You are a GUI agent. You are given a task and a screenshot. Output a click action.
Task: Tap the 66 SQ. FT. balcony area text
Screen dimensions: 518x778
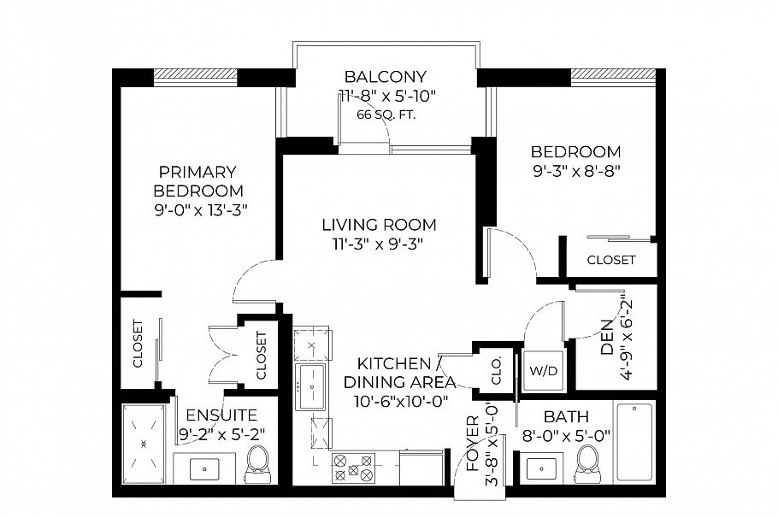click(386, 115)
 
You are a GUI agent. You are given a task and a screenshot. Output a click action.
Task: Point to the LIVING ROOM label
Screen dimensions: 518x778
click(379, 225)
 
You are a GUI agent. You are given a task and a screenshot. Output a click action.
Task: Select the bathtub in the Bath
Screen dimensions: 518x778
click(635, 441)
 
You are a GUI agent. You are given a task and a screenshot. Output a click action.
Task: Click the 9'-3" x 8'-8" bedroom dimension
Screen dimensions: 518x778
click(575, 170)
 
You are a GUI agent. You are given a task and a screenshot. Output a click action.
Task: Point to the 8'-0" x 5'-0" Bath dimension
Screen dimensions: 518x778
click(566, 435)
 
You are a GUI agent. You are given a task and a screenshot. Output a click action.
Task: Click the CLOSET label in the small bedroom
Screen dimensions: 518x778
click(610, 260)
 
